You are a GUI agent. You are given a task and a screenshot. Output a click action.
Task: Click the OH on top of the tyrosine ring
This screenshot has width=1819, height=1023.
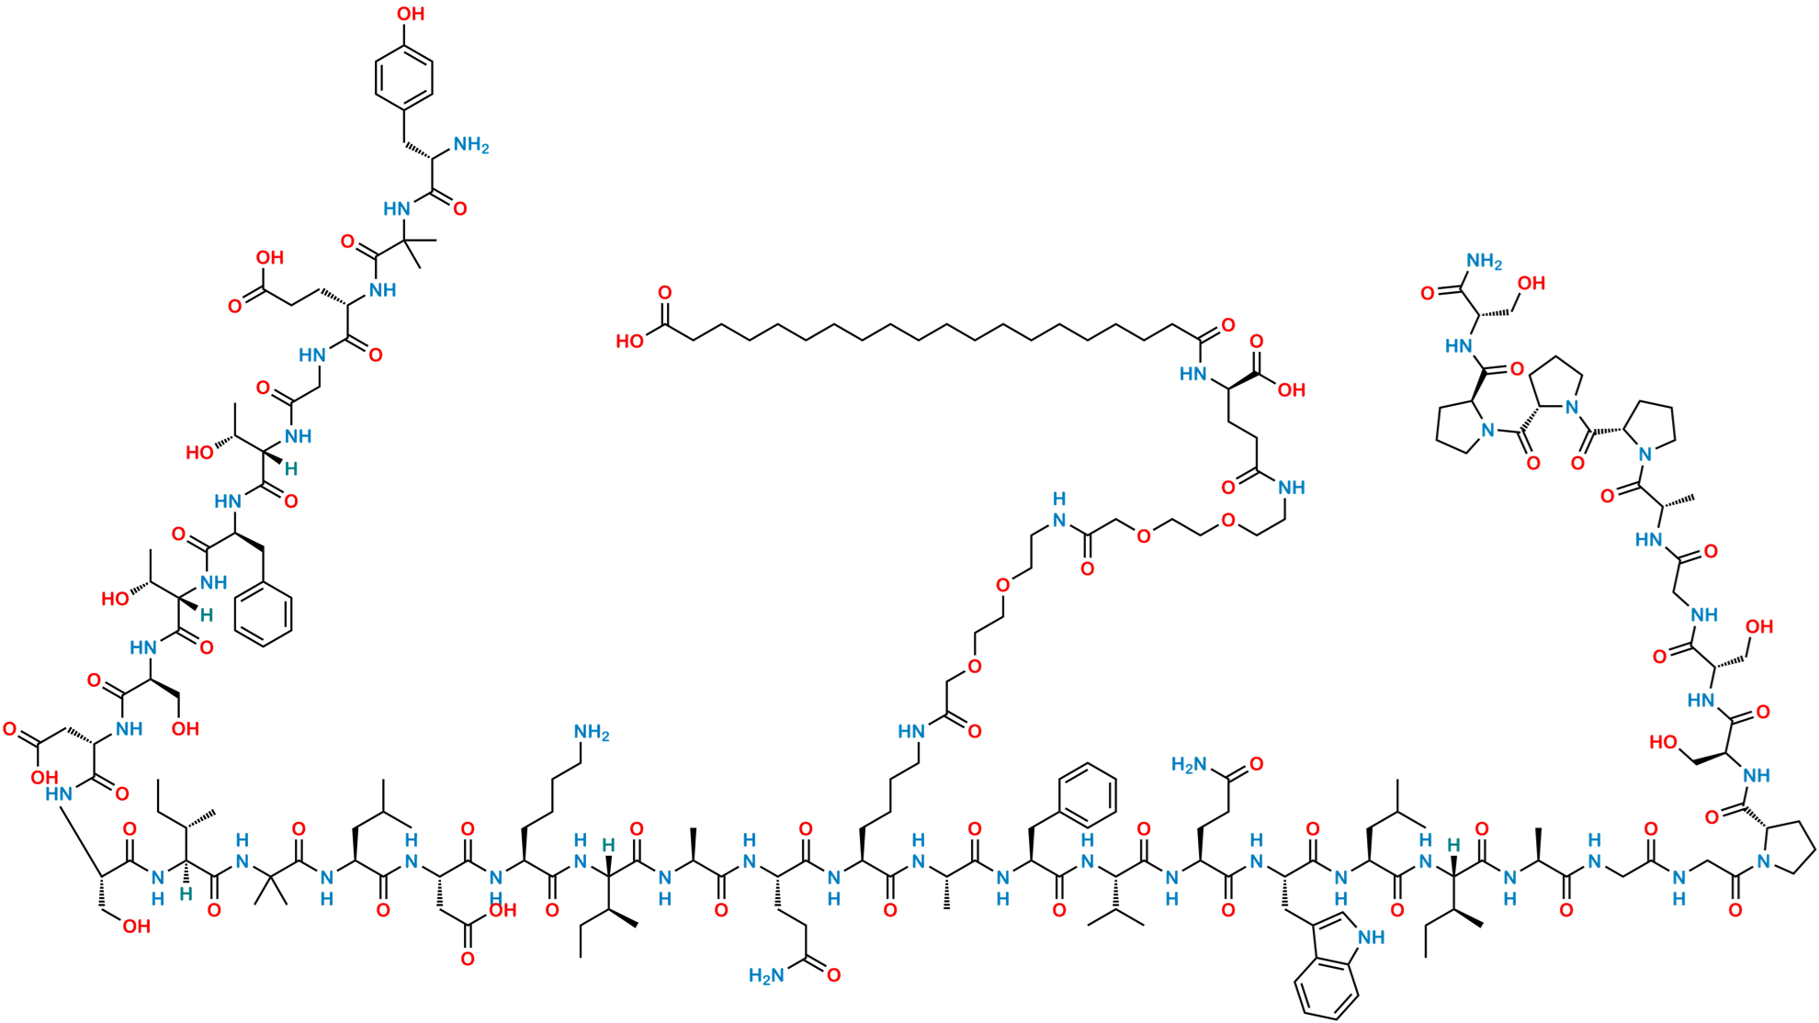[x=410, y=14]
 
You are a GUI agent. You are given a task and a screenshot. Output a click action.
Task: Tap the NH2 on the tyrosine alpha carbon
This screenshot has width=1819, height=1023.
[x=471, y=145]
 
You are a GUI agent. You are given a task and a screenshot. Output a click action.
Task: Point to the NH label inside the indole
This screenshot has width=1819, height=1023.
[x=1372, y=938]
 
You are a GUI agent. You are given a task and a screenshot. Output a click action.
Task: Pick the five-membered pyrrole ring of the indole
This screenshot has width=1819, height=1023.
[x=1343, y=946]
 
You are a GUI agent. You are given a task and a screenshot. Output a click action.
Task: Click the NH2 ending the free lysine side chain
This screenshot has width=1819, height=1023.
[x=591, y=733]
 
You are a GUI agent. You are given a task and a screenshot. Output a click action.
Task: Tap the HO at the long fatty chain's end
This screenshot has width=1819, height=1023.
[x=630, y=342]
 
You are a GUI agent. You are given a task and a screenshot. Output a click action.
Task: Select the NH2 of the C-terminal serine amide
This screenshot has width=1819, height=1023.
[x=1484, y=262]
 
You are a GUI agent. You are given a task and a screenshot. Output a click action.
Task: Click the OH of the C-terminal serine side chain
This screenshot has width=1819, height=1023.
[x=1531, y=283]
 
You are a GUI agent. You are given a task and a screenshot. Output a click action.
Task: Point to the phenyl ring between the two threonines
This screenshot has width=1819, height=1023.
[x=264, y=614]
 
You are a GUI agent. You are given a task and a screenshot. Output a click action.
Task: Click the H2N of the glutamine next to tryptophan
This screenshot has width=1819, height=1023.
[x=1189, y=765]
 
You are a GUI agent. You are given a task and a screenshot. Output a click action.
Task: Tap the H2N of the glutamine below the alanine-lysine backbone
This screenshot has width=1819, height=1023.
[x=766, y=976]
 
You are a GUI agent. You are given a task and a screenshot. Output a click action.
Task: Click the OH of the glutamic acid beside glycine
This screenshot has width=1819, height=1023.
[x=269, y=258]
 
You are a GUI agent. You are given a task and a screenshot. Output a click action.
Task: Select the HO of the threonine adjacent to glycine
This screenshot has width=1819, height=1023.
[x=199, y=452]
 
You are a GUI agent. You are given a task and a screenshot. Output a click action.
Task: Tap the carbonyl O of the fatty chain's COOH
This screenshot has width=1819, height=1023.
[x=664, y=293]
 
